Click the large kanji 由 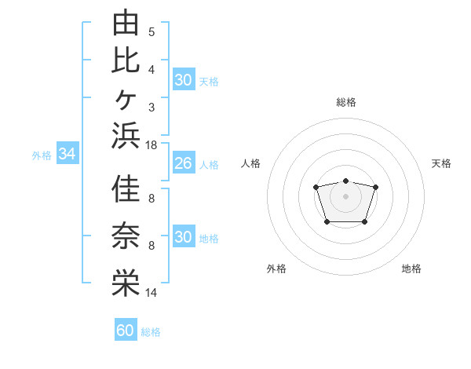(x=126, y=22)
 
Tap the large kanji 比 (x=126, y=60)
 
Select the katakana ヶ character (x=126, y=100)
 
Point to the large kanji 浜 (x=126, y=136)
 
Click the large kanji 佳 (x=126, y=188)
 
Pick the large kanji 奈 (x=126, y=236)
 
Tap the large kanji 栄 (x=126, y=283)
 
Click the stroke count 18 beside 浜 (x=151, y=145)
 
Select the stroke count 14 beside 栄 (x=151, y=292)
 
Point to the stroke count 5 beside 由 (x=152, y=32)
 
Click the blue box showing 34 (x=68, y=152)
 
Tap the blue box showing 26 (x=184, y=163)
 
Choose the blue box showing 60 (x=126, y=329)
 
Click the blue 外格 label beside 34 (x=42, y=155)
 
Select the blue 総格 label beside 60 (x=151, y=332)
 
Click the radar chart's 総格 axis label (x=346, y=102)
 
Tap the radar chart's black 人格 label (x=250, y=163)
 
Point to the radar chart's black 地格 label (x=411, y=269)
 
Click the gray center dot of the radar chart (x=345, y=196)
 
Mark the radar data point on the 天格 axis (x=375, y=187)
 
